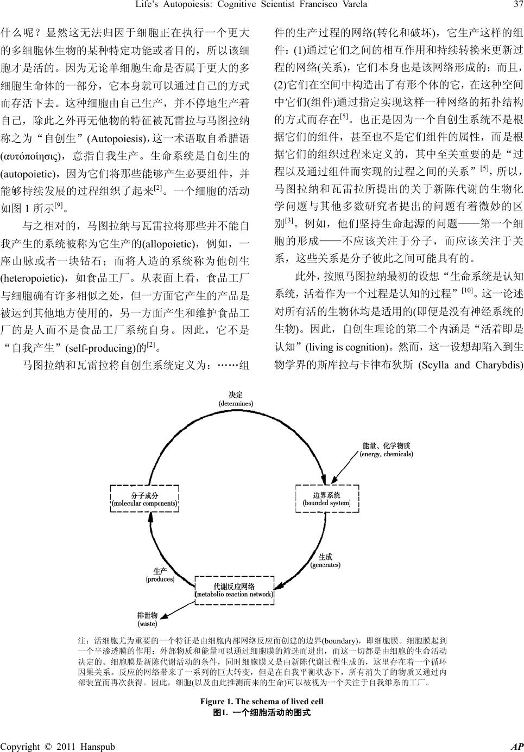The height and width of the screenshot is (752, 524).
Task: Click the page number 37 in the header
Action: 517,5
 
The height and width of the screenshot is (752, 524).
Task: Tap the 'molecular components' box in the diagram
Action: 144,499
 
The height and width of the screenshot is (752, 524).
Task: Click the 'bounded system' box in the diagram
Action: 327,499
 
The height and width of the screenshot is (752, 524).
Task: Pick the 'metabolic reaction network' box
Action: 235,590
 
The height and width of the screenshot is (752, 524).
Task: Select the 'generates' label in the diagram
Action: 325,560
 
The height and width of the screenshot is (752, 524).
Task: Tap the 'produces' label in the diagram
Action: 160,575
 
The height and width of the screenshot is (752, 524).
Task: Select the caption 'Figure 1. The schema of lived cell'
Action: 262,702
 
